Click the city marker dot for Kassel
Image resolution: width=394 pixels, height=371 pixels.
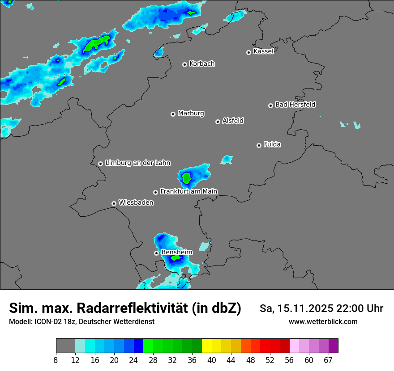click(248, 52)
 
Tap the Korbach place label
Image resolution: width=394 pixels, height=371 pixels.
click(202, 63)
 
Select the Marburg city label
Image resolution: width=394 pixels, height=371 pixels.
click(191, 113)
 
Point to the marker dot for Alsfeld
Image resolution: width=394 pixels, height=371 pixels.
click(218, 122)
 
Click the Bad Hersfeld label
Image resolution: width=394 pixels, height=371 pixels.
click(295, 105)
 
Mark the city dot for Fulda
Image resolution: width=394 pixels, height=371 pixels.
click(259, 145)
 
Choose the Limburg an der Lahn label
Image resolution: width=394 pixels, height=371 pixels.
click(137, 163)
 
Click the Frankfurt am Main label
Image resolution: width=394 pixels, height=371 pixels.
click(188, 191)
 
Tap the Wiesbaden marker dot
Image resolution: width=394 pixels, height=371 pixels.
click(114, 203)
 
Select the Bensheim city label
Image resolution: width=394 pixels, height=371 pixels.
click(176, 252)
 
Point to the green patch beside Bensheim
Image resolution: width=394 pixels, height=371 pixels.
click(176, 258)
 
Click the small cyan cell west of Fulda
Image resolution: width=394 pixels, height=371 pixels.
click(227, 160)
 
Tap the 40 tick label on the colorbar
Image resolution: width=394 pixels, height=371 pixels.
click(212, 359)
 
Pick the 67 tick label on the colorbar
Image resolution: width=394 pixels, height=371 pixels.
click(328, 359)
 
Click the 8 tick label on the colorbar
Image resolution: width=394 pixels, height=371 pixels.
click(56, 359)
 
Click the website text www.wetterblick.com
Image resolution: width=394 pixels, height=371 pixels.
click(323, 321)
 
